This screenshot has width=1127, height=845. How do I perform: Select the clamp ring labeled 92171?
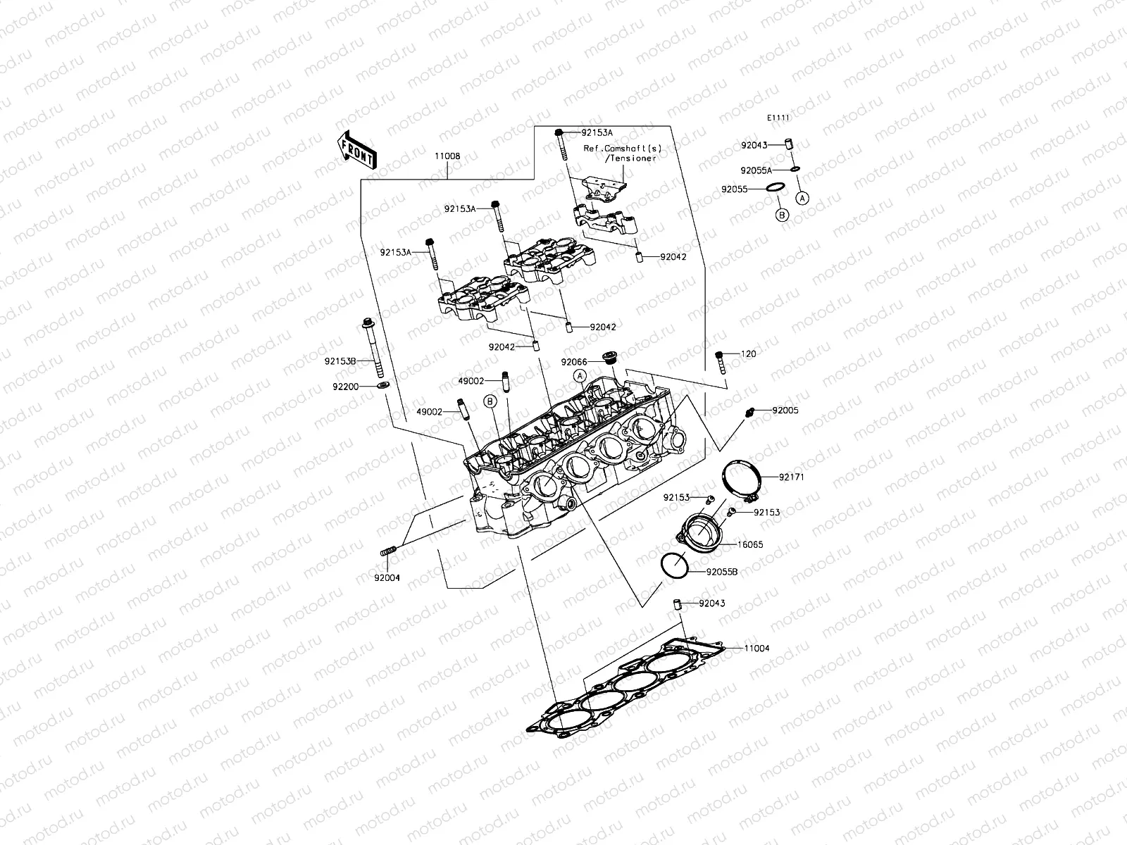(742, 480)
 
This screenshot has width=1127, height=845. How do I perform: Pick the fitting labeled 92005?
(752, 410)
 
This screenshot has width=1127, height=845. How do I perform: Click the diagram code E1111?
(778, 118)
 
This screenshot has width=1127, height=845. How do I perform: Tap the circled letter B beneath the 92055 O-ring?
(782, 215)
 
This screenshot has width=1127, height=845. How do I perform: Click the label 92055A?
(756, 170)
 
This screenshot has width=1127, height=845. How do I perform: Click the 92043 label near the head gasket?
(711, 603)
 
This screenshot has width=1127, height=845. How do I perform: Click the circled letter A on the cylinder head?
(579, 376)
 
